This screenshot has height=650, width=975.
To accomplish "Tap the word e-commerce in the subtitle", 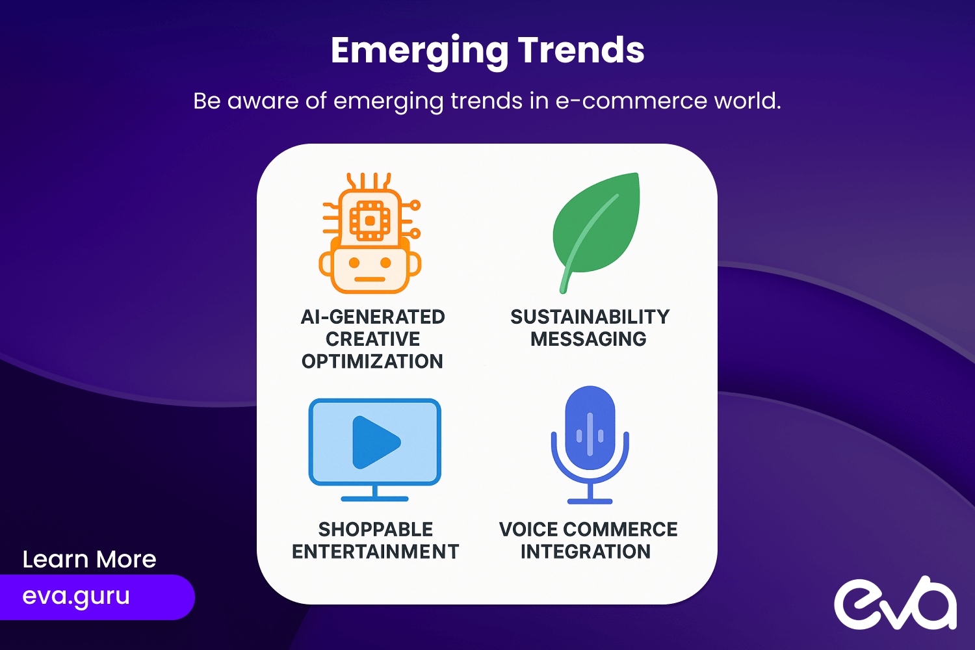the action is click(631, 101).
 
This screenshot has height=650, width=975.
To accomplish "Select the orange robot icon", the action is click(370, 233).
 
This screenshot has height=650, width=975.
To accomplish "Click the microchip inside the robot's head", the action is click(370, 221).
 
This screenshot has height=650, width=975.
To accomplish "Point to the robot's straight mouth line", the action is click(370, 279).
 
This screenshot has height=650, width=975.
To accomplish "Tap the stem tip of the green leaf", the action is click(563, 291).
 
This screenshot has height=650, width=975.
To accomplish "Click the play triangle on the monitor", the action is click(375, 443).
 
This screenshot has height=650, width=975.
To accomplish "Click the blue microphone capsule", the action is click(590, 428).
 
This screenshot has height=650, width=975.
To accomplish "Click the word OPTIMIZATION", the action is click(372, 361).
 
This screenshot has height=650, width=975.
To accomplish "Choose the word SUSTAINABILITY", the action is click(590, 317).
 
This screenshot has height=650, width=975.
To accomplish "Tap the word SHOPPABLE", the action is click(376, 529).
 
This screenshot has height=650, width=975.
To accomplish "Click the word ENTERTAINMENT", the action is click(375, 552).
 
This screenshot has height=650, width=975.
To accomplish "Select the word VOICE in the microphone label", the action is click(528, 529).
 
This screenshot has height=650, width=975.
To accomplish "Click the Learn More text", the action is click(89, 559).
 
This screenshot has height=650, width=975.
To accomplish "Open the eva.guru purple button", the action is click(97, 597).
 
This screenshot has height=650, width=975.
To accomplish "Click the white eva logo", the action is click(895, 603).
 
